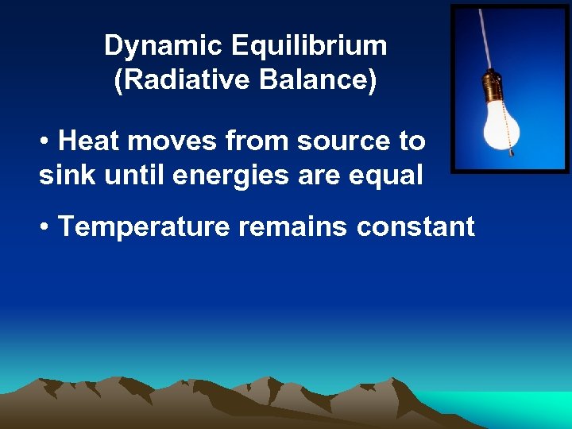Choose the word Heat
(89, 141)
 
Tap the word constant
(415, 227)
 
